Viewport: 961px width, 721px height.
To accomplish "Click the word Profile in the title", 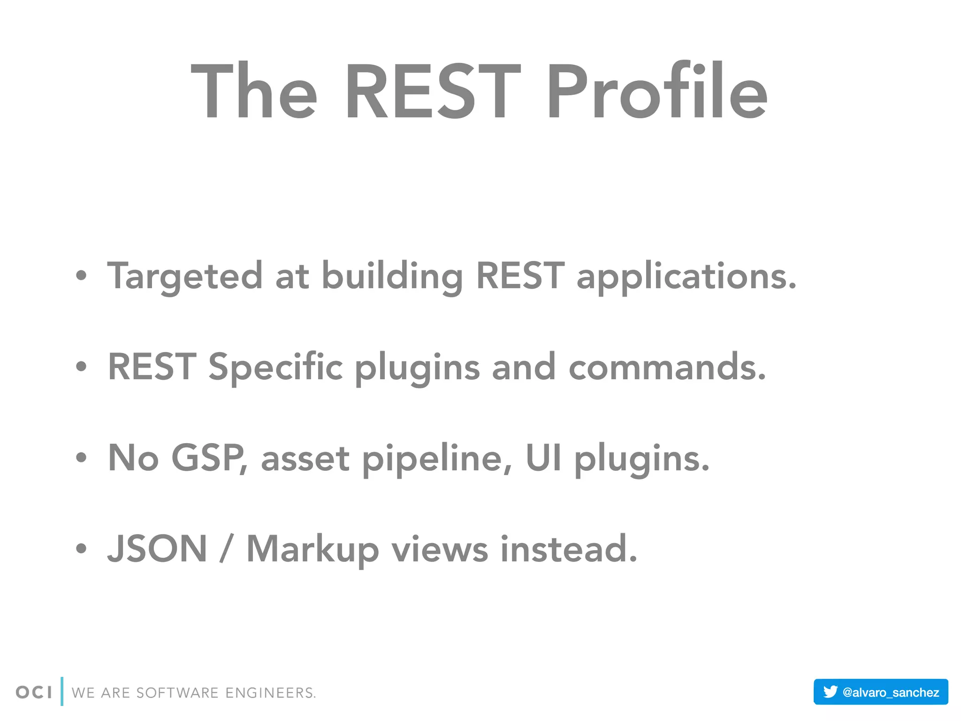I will tap(657, 92).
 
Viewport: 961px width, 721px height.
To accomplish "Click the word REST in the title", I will tap(433, 92).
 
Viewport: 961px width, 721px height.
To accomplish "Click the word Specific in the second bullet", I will tap(275, 368).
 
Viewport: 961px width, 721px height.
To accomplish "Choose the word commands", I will tap(667, 368).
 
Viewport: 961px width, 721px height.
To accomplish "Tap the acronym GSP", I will tap(208, 458).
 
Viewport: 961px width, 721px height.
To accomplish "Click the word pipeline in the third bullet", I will tap(436, 458).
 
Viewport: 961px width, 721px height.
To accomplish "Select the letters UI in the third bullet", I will tap(543, 458).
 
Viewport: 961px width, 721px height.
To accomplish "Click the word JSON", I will tap(157, 549).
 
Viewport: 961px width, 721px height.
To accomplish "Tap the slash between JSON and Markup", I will tap(226, 549).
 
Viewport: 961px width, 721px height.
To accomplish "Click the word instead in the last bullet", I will tap(568, 549).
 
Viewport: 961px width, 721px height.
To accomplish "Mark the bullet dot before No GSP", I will tap(81, 458).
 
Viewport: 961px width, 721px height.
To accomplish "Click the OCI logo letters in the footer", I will tap(34, 692).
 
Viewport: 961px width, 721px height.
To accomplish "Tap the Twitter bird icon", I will tap(830, 691).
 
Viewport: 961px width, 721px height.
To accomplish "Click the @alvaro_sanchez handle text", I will tap(891, 692).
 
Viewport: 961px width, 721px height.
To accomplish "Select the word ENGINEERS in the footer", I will tap(271, 693).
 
